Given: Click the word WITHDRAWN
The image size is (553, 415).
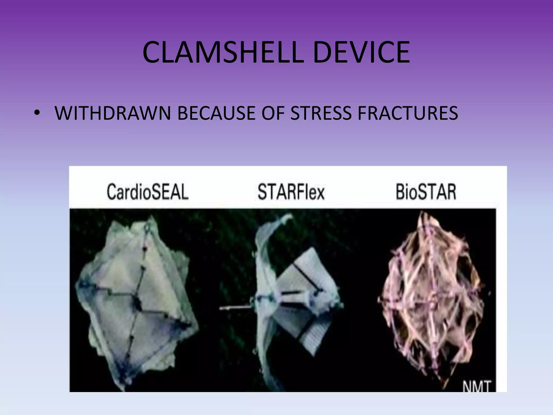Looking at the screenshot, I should tap(113, 113).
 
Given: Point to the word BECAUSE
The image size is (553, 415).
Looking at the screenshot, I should tap(216, 113).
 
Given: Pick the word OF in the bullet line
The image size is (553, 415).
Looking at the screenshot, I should tap(273, 113).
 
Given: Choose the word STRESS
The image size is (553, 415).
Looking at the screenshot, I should tap(321, 113).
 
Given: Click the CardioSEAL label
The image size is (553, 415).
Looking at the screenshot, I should tap(147, 192).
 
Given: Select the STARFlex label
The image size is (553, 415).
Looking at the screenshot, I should tap(291, 192).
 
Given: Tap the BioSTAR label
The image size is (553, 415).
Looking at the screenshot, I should tap(426, 192).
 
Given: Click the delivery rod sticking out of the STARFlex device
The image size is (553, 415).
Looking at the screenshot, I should tap(235, 308).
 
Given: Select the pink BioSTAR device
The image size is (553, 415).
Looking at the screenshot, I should tap(432, 297).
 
